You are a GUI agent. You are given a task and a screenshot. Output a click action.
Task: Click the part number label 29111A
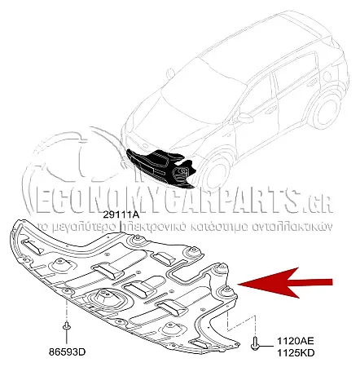121,215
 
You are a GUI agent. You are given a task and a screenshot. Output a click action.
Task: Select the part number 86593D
68,352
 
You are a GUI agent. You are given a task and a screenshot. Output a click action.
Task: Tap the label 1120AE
296,341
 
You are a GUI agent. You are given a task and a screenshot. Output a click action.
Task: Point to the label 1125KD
296,353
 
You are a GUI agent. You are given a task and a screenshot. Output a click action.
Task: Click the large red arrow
285,283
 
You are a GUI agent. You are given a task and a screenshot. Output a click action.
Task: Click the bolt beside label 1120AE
255,343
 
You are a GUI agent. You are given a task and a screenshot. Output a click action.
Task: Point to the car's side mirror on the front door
245,118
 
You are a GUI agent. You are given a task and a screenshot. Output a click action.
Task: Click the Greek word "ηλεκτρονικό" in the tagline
153,228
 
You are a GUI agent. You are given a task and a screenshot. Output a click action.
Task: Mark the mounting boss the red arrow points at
226,290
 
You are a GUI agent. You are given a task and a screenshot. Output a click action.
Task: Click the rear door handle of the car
313,82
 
